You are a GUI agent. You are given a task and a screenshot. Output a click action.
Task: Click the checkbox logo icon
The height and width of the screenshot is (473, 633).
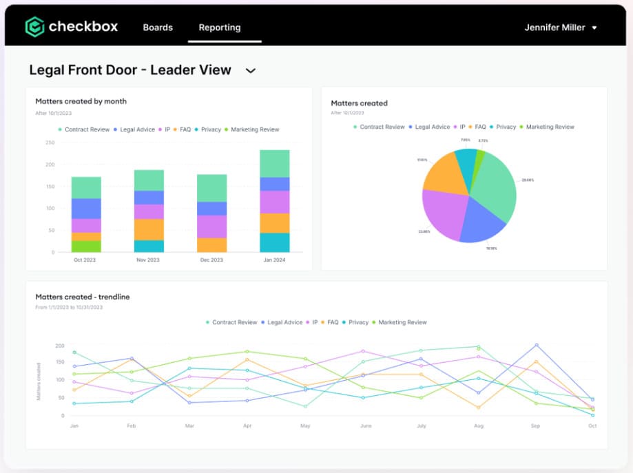click(34, 27)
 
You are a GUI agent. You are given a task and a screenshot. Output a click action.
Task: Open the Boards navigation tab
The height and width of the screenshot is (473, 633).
click(158, 28)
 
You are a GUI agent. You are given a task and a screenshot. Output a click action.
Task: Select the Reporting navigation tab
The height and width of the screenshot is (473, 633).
click(220, 28)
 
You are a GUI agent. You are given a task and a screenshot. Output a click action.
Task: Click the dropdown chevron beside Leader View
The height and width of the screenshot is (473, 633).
click(251, 70)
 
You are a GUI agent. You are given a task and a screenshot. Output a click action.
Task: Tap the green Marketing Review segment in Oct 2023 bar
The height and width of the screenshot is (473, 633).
click(86, 246)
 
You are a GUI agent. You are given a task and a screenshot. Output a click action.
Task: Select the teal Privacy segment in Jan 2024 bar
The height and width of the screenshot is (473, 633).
click(274, 242)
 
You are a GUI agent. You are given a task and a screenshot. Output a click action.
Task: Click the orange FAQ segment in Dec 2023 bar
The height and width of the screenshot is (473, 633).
click(211, 244)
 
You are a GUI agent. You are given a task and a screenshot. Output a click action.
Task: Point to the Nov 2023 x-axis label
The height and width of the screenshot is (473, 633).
click(149, 260)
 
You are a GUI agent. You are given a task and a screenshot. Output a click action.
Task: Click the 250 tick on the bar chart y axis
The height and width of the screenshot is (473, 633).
click(50, 143)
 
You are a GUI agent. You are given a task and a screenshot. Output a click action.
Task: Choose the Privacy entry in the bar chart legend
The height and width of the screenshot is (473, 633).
click(209, 129)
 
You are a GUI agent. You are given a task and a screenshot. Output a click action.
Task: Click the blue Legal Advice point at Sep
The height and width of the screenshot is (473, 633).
click(536, 345)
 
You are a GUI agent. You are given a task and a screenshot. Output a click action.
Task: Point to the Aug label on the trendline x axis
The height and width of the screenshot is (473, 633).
click(478, 425)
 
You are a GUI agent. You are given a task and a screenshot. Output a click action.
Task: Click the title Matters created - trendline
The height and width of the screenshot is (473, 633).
click(83, 297)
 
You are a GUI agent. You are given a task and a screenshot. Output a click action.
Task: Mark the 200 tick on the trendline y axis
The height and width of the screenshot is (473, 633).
click(59, 346)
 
